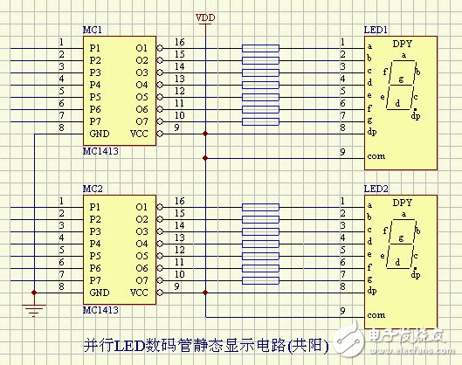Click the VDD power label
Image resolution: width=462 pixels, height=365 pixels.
coord(205,16)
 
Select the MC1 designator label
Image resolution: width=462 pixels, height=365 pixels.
coord(93,29)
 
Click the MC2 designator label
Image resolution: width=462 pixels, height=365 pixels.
coord(93,189)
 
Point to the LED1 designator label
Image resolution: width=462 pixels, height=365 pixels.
coord(376,29)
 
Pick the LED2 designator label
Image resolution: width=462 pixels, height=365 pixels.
coord(376,189)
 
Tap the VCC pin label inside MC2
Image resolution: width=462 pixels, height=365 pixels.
coord(139,293)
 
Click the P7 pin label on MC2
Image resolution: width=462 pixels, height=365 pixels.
coord(96,280)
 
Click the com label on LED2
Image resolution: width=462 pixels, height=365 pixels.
coord(376,314)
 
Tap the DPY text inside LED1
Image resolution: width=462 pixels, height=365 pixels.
coord(402,44)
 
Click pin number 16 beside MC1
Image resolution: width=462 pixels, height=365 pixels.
coord(178,41)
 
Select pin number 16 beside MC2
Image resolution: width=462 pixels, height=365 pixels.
coord(178,201)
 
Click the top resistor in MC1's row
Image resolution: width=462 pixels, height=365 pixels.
coord(261,48)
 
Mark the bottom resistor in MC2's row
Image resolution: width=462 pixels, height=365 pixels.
coord(261,281)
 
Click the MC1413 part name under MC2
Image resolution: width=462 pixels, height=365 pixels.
coord(101,308)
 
